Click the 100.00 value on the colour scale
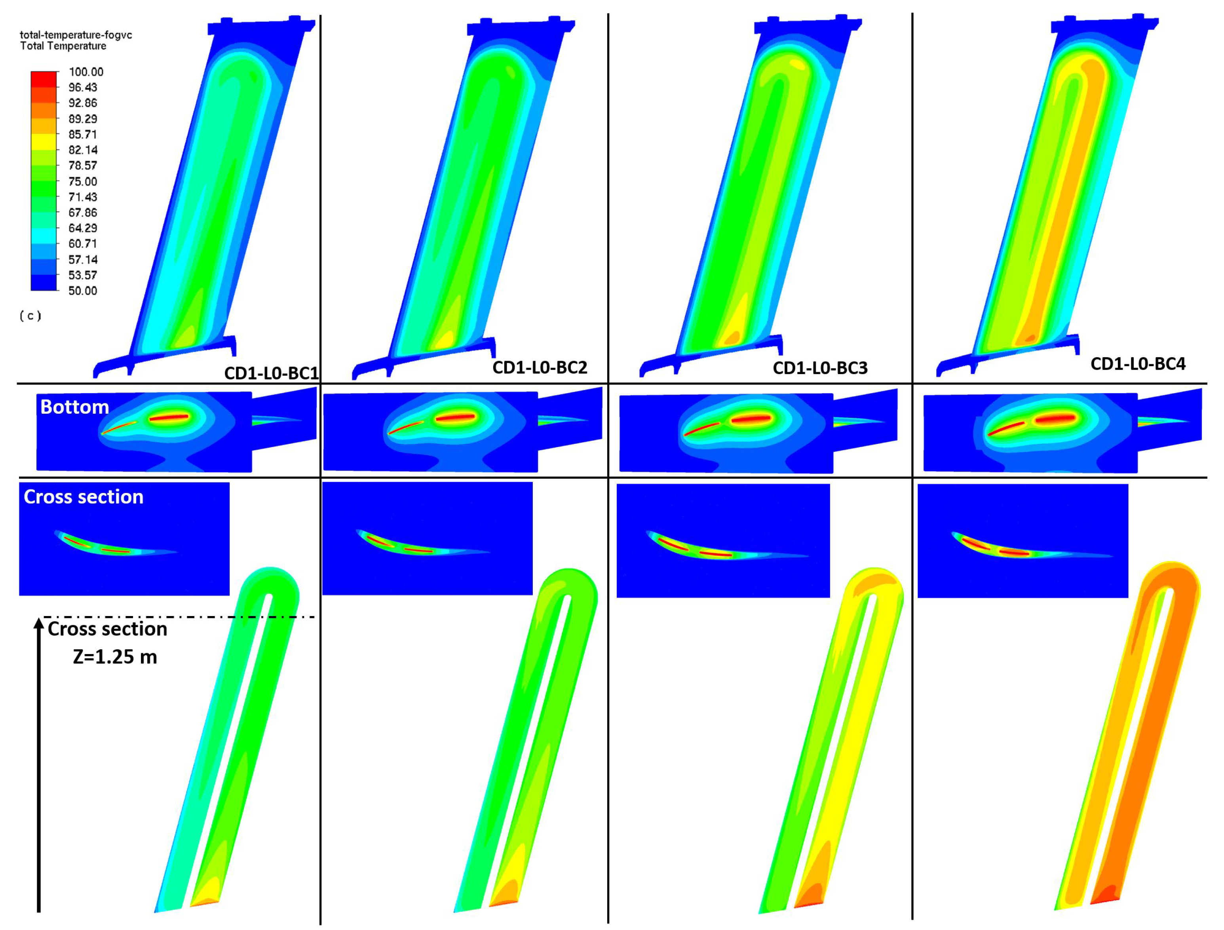[86, 72]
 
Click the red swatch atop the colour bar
[44, 79]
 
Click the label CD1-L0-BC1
[271, 373]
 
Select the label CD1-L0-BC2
[540, 367]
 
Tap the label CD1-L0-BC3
[820, 368]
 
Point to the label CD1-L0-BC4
[1138, 364]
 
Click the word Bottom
[75, 407]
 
